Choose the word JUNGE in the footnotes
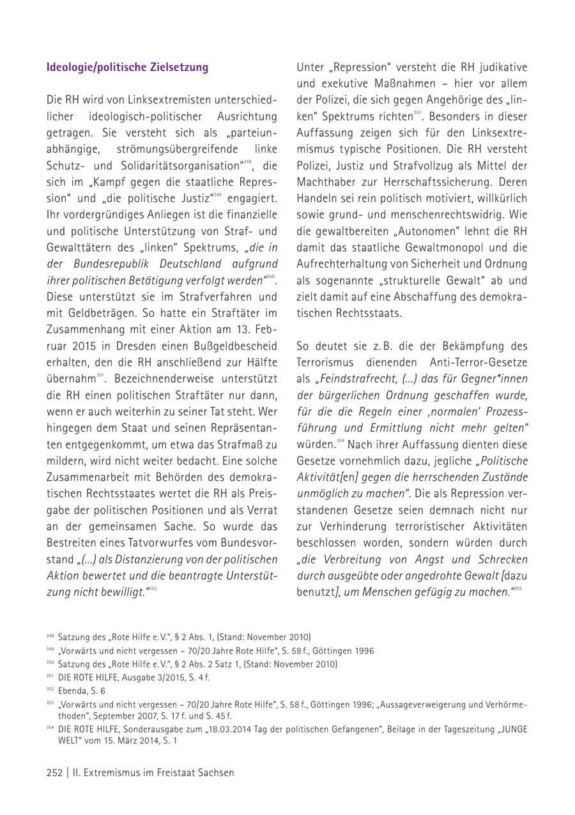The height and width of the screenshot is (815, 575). (513, 729)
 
